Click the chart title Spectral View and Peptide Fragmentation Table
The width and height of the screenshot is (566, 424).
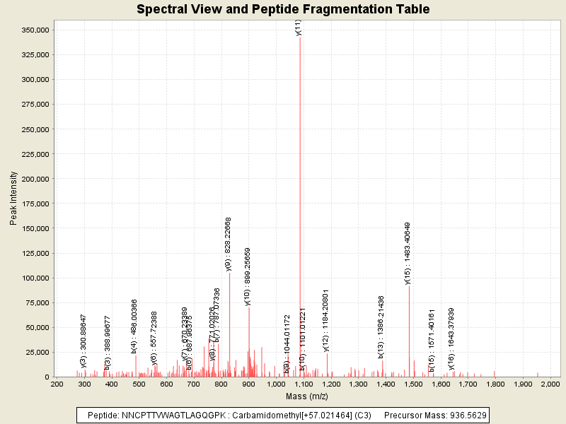(282, 10)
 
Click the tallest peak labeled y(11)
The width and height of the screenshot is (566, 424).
(300, 141)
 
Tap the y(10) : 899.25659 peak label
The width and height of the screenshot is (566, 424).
(247, 276)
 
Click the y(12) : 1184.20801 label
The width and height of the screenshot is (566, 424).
(326, 320)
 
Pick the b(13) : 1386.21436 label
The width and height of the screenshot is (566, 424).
(381, 326)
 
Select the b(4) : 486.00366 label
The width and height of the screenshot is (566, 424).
(134, 326)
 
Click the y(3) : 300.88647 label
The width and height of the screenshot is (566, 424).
(83, 341)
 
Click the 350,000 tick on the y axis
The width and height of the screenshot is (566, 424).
(34, 30)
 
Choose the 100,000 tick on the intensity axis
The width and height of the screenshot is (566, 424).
(34, 278)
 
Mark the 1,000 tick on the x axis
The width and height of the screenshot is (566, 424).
(276, 384)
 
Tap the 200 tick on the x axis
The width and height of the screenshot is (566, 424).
(57, 384)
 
